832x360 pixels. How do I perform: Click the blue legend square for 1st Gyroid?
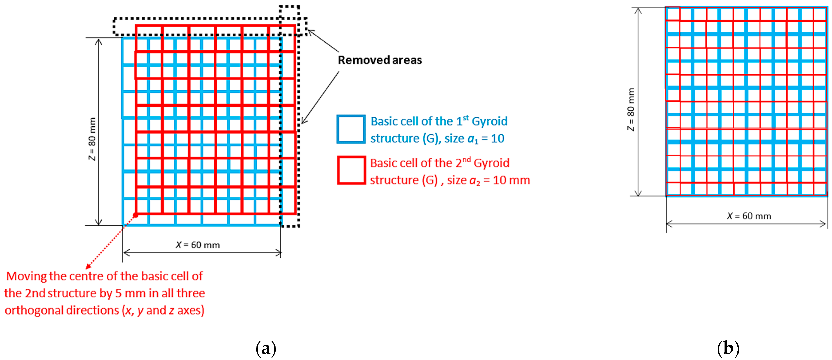click(x=351, y=129)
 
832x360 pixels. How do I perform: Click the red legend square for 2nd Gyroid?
click(x=351, y=170)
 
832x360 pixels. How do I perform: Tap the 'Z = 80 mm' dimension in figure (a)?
click(x=92, y=139)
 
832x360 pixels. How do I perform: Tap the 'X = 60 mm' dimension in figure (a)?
click(x=198, y=245)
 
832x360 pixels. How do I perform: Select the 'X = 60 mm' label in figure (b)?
click(x=749, y=216)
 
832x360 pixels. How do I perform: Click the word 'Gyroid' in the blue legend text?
click(x=490, y=121)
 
